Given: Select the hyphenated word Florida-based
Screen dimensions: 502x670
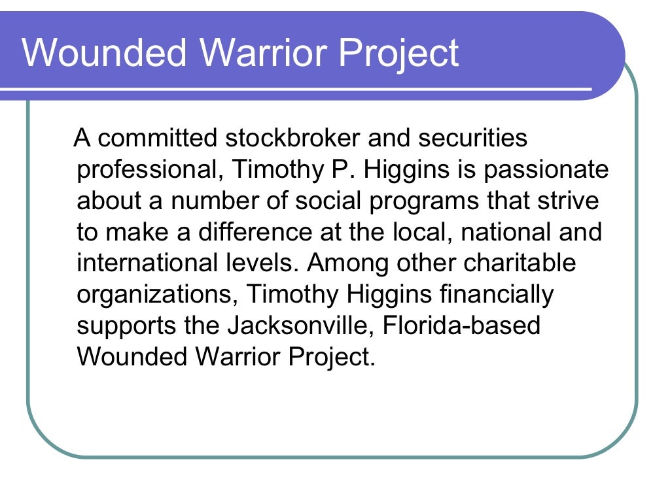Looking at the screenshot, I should [459, 326].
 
